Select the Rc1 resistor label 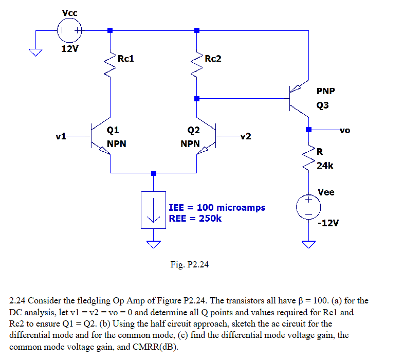coord(126,59)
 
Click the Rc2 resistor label coord(213,59)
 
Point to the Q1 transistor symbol coord(100,137)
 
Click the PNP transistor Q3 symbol coord(298,98)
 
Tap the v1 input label coord(61,137)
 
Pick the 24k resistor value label coord(325,166)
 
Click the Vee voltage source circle coord(308,207)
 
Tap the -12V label coord(328,223)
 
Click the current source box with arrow coord(153,209)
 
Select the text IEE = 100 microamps coord(217,208)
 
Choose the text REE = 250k coord(195,218)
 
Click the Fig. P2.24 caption coord(189,265)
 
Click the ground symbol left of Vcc coord(35,51)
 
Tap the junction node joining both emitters coord(153,173)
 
